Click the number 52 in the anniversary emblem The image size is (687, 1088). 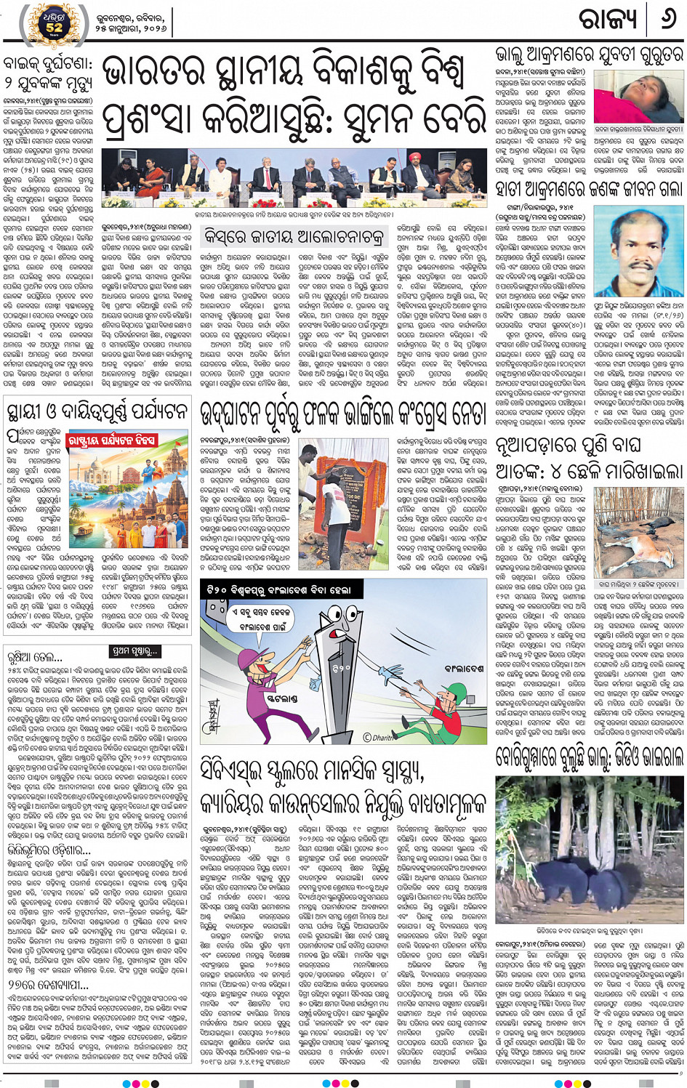click(55, 28)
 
